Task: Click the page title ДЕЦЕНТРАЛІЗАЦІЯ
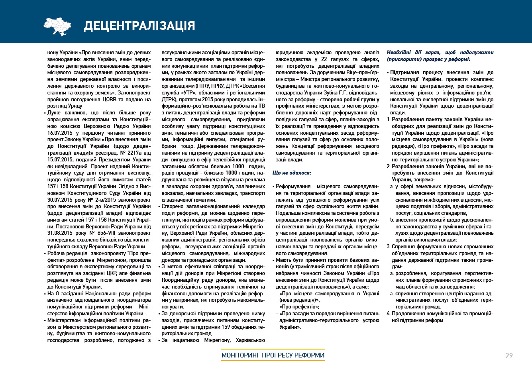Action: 139,26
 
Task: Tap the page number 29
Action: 509,355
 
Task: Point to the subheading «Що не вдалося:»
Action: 292,173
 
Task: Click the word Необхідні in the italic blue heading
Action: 400,53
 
